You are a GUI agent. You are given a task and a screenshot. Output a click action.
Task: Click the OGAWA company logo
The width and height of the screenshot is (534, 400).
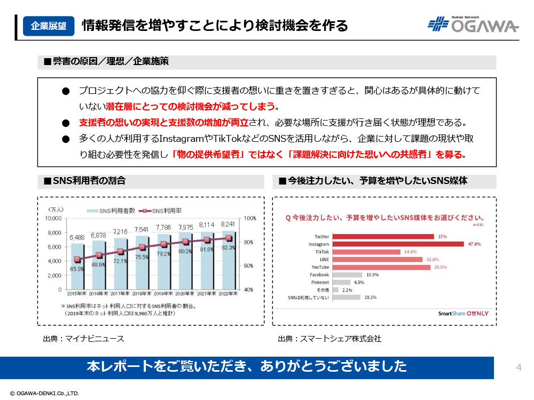tap(473, 25)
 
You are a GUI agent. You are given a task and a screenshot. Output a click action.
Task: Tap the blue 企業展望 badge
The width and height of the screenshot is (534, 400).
tap(49, 26)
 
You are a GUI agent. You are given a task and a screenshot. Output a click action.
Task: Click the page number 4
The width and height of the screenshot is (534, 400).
tap(519, 367)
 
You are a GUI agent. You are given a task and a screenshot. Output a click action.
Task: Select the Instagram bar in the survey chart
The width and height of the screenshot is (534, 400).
tap(398, 244)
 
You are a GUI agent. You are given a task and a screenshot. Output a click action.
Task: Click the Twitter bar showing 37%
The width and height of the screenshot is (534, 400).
tap(383, 236)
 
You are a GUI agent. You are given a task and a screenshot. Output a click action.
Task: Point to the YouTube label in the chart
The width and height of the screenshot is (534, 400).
tap(320, 267)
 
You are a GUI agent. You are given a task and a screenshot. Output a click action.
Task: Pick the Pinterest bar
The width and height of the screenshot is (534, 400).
tap(341, 282)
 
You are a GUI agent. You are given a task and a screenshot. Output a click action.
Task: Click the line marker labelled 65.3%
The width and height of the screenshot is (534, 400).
tap(77, 260)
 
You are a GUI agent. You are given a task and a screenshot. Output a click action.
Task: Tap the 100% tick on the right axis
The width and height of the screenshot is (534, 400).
tap(250, 219)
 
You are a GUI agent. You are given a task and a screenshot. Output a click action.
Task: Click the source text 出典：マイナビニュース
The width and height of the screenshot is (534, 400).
tap(83, 339)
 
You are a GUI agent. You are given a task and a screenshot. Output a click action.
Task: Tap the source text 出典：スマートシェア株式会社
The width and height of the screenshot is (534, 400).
tap(329, 339)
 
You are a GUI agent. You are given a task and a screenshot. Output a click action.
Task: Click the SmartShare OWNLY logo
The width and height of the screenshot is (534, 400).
tap(463, 314)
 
